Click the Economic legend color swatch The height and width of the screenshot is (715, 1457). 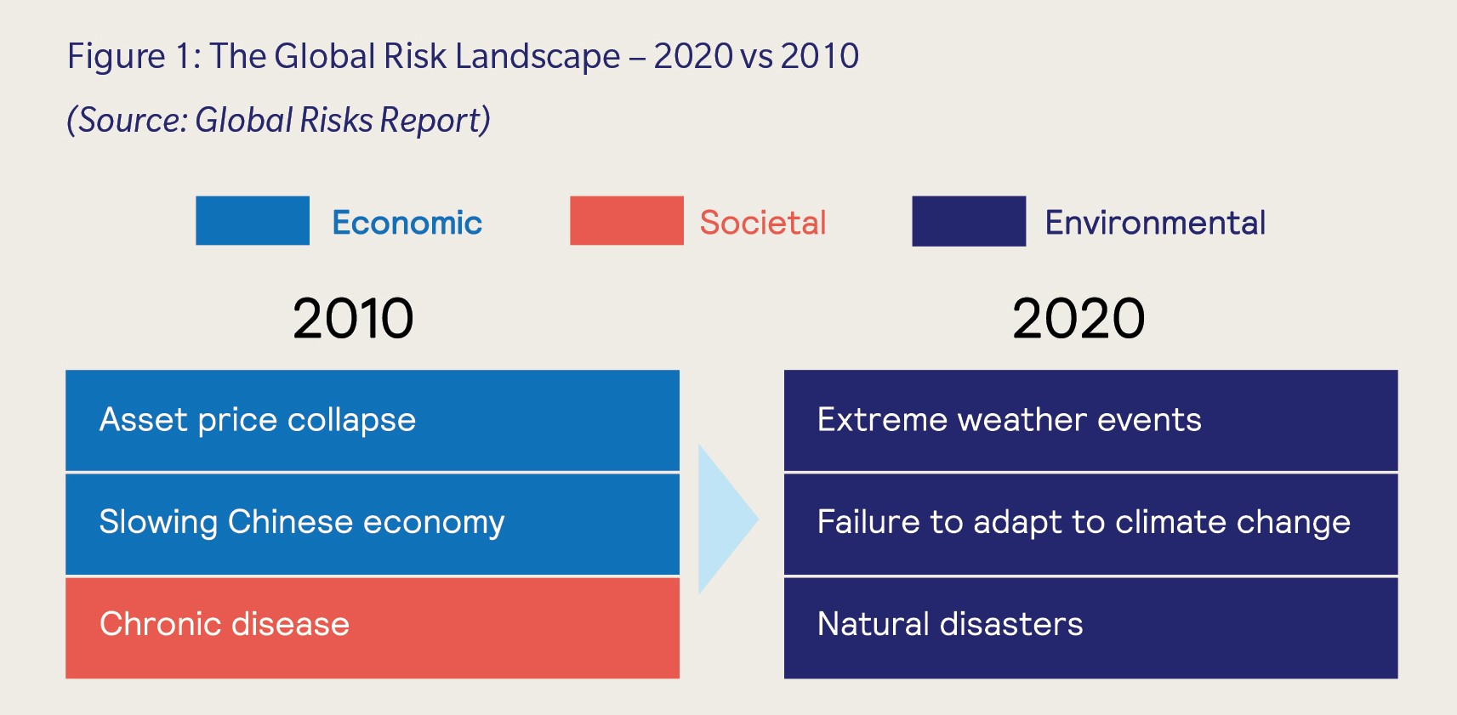coord(252,221)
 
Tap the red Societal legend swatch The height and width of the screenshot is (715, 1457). coord(626,221)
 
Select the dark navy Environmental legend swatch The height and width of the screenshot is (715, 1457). coord(968,221)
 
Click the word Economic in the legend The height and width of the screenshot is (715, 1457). coord(407,223)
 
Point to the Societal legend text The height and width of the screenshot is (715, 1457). coord(762,223)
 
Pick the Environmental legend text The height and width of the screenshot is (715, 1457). coord(1154,223)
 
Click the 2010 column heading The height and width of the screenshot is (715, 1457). coord(353,319)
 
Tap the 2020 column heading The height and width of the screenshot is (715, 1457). coord(1078,319)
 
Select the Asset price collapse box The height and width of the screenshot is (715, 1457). coord(372,420)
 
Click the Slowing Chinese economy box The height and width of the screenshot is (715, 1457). coord(372,524)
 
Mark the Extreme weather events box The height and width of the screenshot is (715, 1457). coord(1090,420)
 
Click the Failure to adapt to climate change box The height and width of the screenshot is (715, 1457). coord(1090,524)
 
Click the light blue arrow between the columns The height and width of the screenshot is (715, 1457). coord(723,519)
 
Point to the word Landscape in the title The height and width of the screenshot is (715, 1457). coord(537,57)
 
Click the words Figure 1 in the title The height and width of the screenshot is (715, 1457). coord(132,57)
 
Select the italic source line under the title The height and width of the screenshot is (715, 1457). coord(278,120)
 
